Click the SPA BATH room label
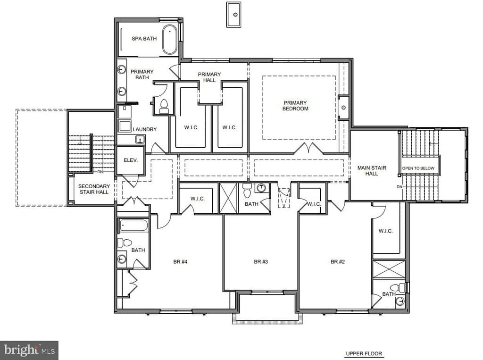(144, 39)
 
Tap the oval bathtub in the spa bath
(170, 40)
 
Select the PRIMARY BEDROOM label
(295, 106)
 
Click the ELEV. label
(131, 160)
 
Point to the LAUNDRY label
(144, 129)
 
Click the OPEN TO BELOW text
(420, 168)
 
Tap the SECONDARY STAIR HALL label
(93, 189)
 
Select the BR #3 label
(261, 262)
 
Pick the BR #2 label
(337, 262)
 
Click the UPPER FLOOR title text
(364, 353)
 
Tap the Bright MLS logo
(29, 350)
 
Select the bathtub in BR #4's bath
(134, 225)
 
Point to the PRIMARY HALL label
(209, 77)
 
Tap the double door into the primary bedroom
(309, 148)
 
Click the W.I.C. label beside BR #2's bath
(385, 231)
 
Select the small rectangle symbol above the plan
(233, 15)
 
